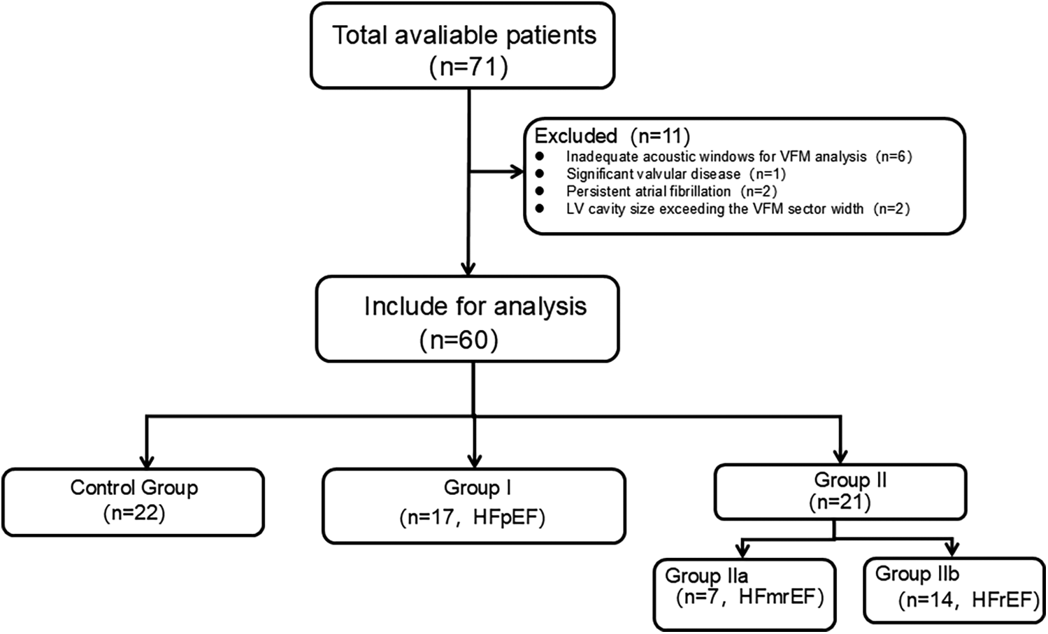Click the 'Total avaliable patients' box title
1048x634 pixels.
tap(464, 36)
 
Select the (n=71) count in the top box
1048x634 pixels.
tap(468, 67)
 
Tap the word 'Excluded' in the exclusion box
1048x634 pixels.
tap(575, 136)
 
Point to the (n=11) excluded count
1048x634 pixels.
tap(659, 136)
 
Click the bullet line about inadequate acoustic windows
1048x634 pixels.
tap(738, 157)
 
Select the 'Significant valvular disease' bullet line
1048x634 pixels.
tap(675, 174)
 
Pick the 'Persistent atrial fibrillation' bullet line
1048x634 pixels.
tap(671, 192)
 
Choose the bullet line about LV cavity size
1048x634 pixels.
tap(738, 208)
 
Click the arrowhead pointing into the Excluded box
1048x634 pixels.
tap(517, 172)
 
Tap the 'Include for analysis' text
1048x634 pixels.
tap(475, 307)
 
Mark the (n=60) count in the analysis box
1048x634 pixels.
tap(459, 340)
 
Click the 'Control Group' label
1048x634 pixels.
tap(134, 487)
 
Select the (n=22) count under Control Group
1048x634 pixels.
tap(134, 513)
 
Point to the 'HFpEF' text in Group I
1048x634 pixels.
tap(508, 517)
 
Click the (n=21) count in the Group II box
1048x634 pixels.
tap(840, 502)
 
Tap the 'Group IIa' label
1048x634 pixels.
tap(706, 575)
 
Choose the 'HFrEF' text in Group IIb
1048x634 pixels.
tap(1004, 600)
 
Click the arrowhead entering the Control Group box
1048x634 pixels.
tap(146, 461)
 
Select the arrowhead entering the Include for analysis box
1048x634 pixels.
tap(468, 268)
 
